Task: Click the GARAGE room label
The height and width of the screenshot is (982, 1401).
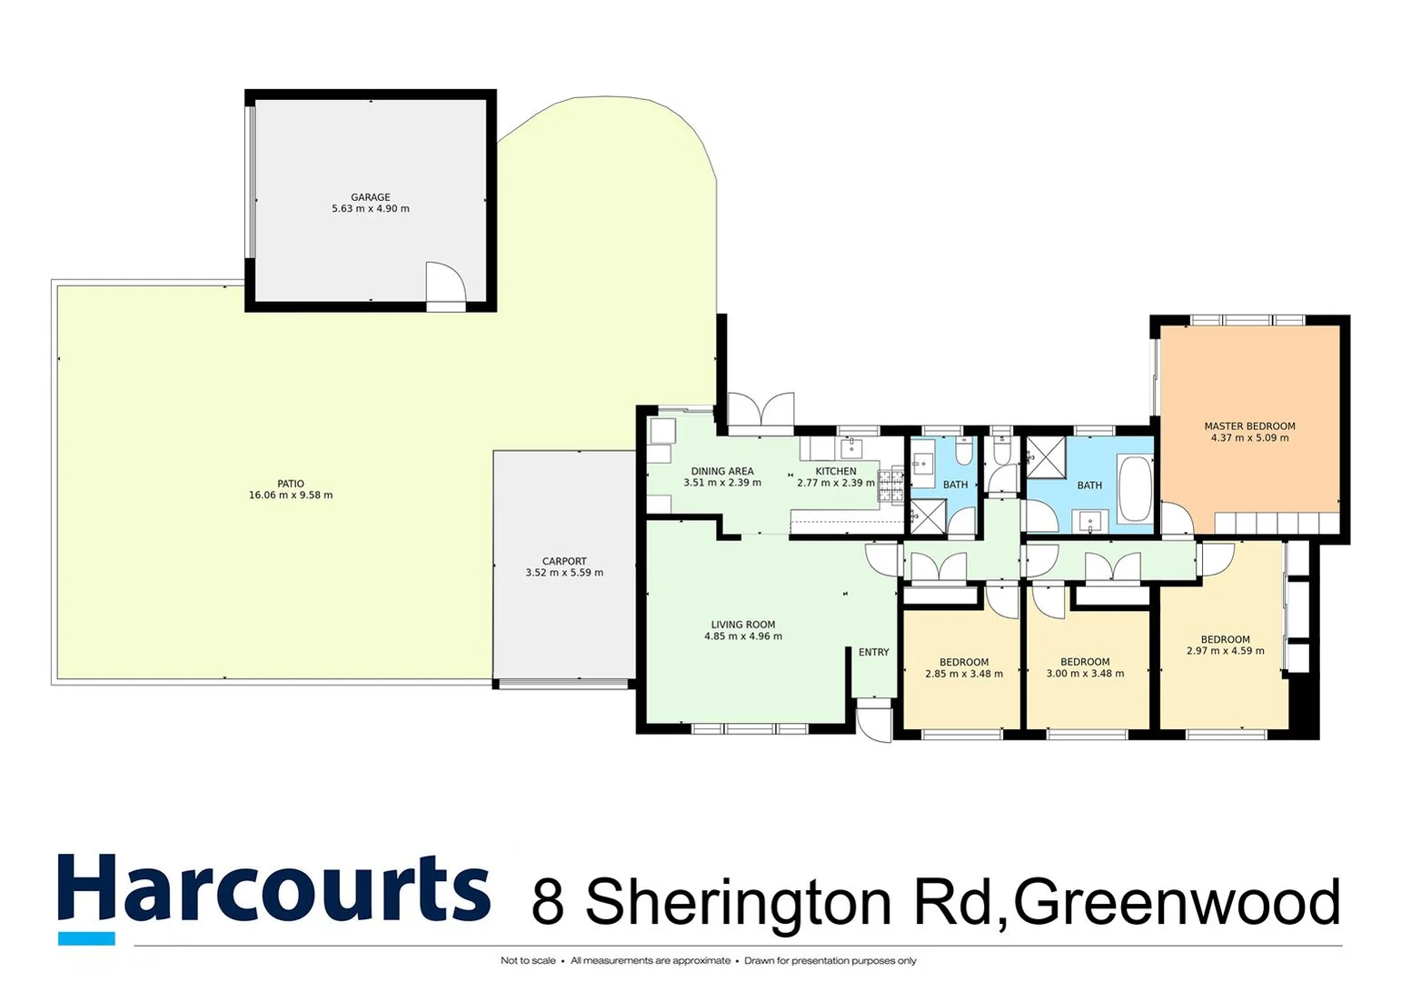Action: (x=371, y=197)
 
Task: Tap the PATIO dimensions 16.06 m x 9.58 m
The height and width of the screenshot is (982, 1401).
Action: (x=291, y=496)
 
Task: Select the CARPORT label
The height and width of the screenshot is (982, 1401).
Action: (x=564, y=561)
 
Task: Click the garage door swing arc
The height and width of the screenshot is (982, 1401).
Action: (x=447, y=282)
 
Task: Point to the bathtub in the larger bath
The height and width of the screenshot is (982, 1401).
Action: (x=1133, y=489)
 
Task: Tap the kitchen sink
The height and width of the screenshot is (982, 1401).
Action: (x=852, y=447)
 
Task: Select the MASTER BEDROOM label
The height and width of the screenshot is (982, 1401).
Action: (x=1249, y=426)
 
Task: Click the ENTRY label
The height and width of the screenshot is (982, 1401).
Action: (x=874, y=652)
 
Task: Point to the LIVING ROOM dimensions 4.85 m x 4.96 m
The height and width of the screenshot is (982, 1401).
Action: (x=743, y=636)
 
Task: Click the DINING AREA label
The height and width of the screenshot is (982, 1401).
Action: (x=722, y=471)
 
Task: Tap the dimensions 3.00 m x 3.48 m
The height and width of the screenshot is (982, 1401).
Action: (x=1085, y=674)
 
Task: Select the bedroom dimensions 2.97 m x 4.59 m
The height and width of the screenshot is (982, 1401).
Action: (x=1225, y=651)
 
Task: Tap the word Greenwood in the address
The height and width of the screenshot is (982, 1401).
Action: (x=1177, y=902)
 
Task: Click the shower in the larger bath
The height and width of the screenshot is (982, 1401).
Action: (x=1047, y=456)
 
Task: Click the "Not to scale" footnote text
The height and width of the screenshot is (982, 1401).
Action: (x=528, y=960)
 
